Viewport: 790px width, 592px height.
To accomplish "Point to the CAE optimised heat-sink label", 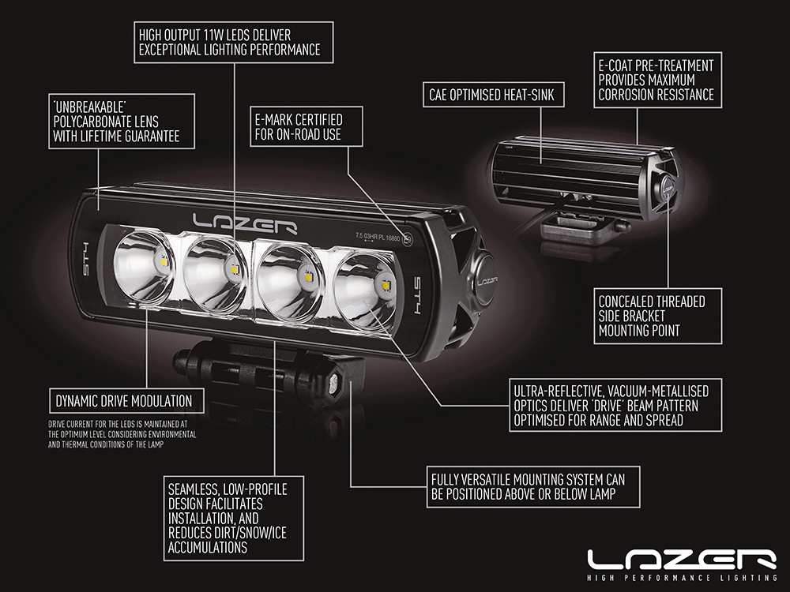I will [x=492, y=96].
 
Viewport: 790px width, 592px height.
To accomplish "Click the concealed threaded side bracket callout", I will [x=657, y=316].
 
